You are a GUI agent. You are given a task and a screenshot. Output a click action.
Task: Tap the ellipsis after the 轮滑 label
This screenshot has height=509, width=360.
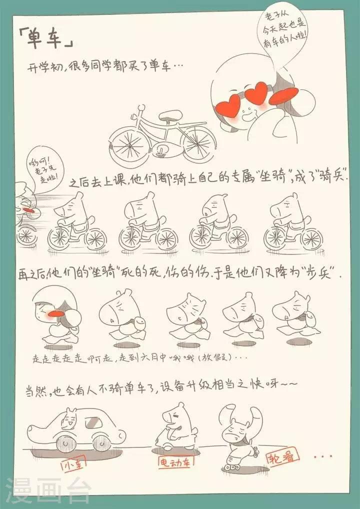tap(323, 456)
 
